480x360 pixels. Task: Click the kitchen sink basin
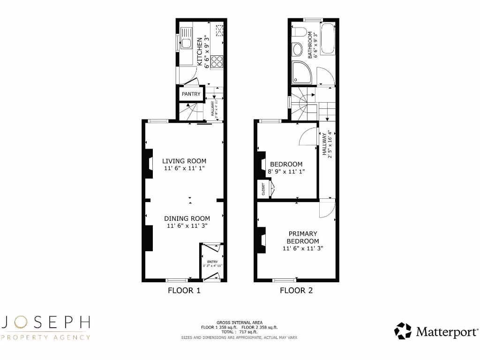point(186,44)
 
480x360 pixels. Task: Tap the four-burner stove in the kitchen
point(217,62)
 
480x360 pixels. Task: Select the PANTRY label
point(191,94)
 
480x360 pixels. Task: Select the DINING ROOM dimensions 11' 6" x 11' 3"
point(187,226)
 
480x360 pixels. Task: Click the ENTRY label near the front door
point(212,262)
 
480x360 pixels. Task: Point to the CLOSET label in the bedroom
point(263,189)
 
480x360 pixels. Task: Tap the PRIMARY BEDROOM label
point(303,237)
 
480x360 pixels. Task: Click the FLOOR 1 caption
point(184,291)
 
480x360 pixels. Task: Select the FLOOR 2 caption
point(296,291)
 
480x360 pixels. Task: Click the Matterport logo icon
point(403,331)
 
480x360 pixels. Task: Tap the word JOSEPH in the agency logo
point(45,322)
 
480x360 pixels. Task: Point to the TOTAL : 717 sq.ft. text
point(240,332)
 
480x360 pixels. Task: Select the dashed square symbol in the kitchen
point(219,30)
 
